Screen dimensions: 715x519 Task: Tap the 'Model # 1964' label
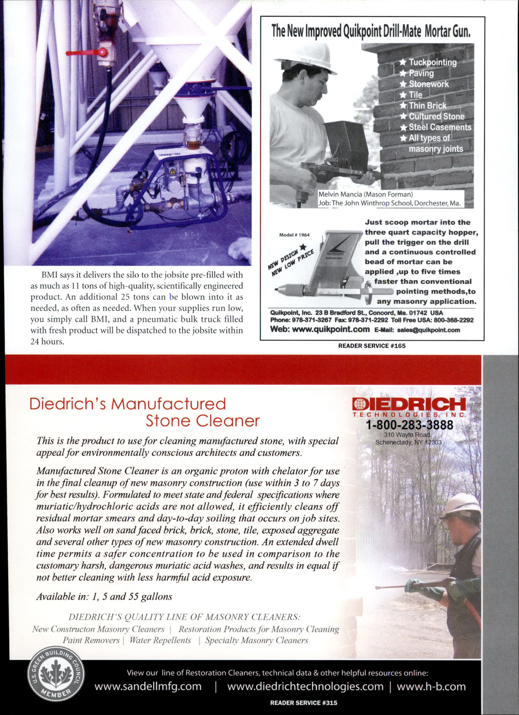[294, 235]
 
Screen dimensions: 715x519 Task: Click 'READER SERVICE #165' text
[372, 346]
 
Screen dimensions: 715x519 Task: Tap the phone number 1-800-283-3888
[409, 425]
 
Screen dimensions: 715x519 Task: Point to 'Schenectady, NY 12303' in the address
[408, 442]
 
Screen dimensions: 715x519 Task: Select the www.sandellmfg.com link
[148, 687]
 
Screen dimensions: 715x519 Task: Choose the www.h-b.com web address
[431, 687]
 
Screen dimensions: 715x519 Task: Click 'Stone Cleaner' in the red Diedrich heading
[202, 421]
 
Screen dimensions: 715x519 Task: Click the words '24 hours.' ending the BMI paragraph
[47, 341]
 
